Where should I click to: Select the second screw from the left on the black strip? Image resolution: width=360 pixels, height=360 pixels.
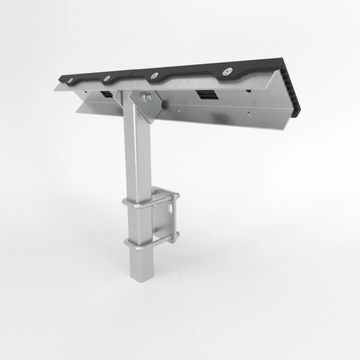(107, 78)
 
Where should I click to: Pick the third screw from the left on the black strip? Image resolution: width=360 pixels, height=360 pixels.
(152, 76)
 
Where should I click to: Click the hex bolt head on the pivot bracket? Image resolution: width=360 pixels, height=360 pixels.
(148, 96)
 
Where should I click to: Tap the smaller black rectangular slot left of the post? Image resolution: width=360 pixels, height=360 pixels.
(106, 94)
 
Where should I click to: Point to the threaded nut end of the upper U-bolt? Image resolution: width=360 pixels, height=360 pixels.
(176, 196)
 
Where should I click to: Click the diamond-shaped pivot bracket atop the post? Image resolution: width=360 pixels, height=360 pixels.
(147, 105)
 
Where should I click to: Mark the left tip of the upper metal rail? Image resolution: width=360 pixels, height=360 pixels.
(56, 88)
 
